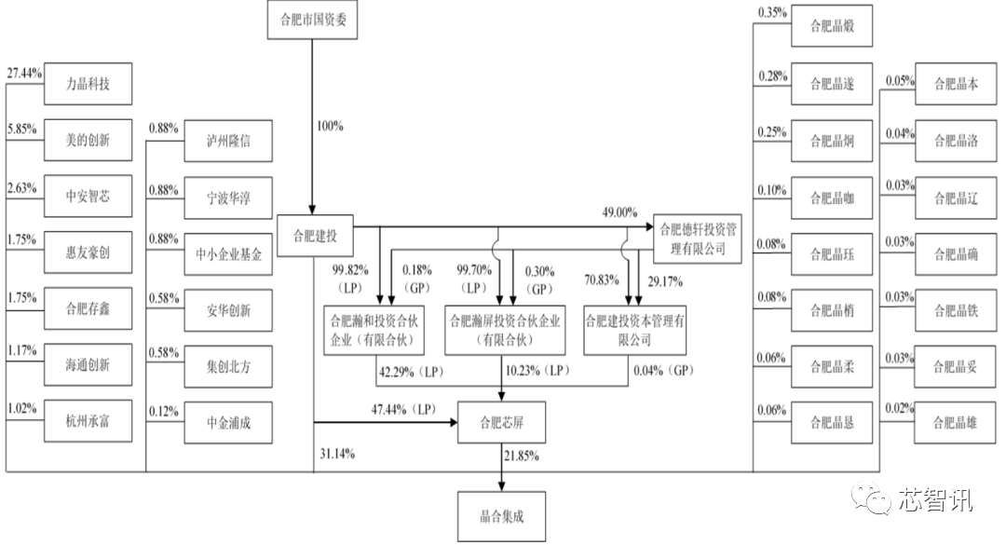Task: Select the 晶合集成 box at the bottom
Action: click(x=503, y=514)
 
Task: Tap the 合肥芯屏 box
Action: click(x=503, y=422)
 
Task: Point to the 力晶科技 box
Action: click(x=87, y=84)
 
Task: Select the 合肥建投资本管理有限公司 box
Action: click(x=635, y=329)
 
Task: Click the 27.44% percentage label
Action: click(x=25, y=73)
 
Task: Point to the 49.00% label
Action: click(x=619, y=212)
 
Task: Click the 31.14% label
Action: click(x=335, y=454)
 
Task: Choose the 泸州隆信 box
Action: click(x=228, y=143)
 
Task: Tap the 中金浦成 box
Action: click(x=228, y=423)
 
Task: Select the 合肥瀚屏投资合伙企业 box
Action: click(x=504, y=329)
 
